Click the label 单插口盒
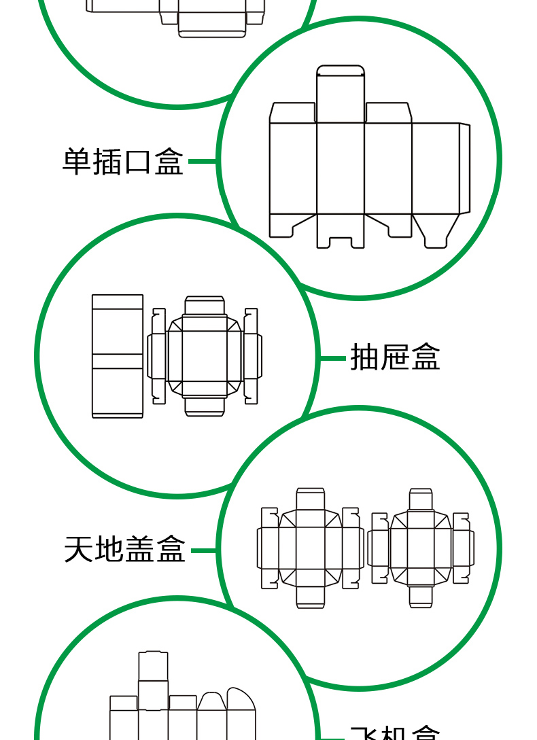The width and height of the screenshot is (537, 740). click(x=123, y=162)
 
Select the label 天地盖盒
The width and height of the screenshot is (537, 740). click(x=124, y=549)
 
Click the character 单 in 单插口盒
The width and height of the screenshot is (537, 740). click(x=77, y=162)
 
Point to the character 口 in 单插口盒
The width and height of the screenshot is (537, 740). click(x=138, y=162)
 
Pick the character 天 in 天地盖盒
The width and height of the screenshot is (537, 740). click(x=79, y=549)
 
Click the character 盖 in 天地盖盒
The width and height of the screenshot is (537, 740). click(x=140, y=549)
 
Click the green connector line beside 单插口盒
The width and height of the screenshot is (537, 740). click(x=202, y=161)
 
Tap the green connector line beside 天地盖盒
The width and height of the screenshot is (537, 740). click(x=204, y=550)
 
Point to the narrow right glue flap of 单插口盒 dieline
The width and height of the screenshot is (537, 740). click(x=464, y=168)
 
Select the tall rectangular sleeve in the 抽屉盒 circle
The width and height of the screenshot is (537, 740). click(x=118, y=356)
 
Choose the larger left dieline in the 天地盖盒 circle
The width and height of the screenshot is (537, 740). click(x=310, y=548)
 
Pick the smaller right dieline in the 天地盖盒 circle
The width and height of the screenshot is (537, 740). click(x=421, y=548)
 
